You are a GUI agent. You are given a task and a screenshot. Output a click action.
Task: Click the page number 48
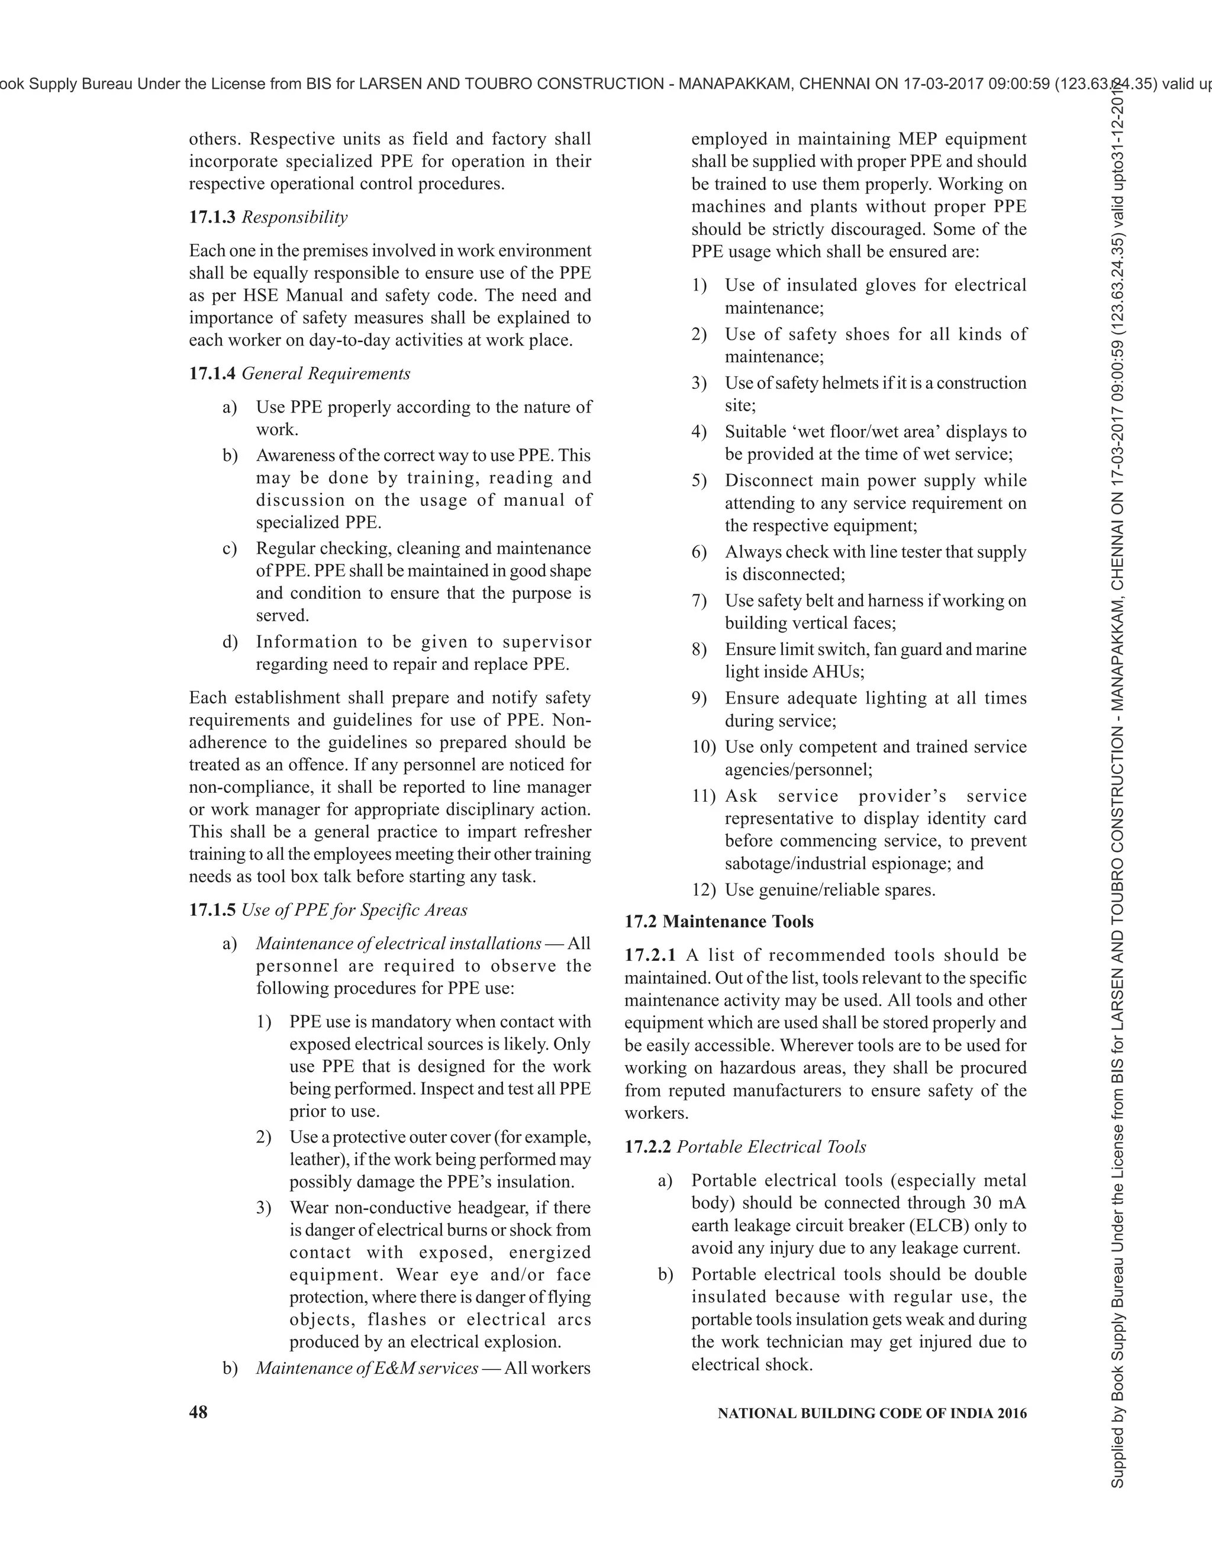pos(198,1412)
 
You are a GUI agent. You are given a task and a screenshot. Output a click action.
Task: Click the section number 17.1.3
pos(212,218)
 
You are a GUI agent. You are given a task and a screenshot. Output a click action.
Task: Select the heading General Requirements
pos(326,373)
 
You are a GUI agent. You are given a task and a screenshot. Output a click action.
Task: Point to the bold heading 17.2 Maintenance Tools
pos(718,921)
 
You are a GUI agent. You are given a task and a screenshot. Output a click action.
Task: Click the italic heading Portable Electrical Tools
pos(771,1147)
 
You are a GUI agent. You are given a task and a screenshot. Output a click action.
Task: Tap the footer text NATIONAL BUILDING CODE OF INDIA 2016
pos(872,1413)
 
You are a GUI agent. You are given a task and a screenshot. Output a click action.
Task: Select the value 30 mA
pos(1000,1202)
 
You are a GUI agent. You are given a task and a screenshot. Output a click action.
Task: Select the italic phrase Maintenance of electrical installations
pos(398,943)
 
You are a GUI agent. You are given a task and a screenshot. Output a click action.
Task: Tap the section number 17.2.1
pos(650,955)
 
